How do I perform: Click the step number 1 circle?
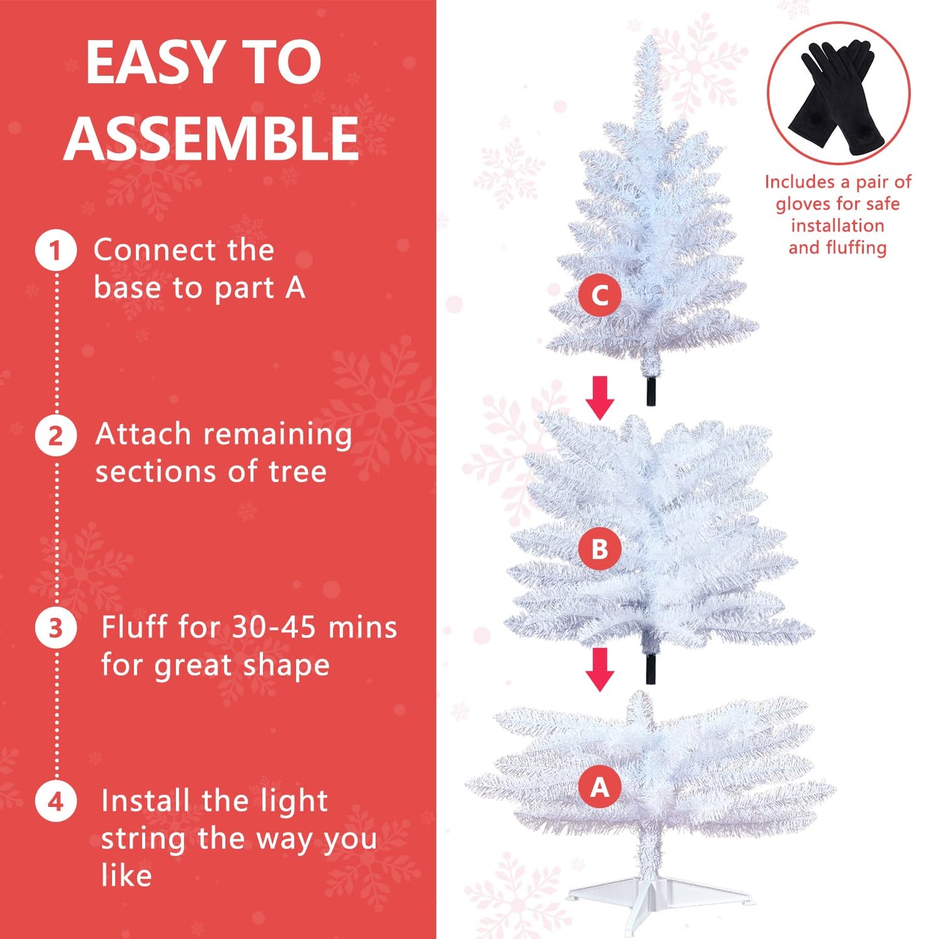[55, 251]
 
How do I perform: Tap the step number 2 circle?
[55, 435]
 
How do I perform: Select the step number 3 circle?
[55, 628]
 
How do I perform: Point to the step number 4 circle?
[55, 801]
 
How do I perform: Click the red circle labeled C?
[600, 295]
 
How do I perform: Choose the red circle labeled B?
[600, 548]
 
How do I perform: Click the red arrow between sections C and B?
[600, 398]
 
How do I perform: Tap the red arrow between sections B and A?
[600, 669]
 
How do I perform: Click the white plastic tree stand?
[660, 892]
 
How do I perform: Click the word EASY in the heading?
[152, 63]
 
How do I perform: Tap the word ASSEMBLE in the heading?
[211, 138]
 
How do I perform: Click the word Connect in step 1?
[155, 250]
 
